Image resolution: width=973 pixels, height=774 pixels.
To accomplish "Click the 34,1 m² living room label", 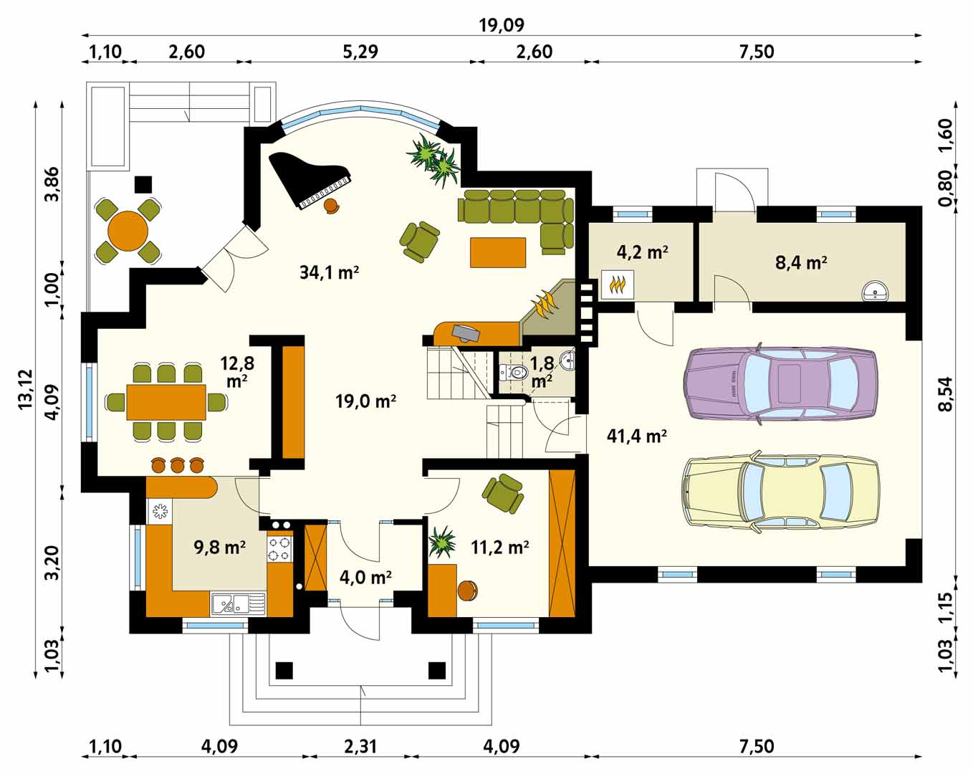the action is [329, 272].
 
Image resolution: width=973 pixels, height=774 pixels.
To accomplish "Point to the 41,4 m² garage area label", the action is [637, 436].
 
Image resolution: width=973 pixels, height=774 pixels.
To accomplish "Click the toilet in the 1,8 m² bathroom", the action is [514, 373].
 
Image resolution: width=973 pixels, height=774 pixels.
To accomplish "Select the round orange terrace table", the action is [128, 231].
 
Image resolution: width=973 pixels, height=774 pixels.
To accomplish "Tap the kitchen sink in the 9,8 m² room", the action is [239, 604].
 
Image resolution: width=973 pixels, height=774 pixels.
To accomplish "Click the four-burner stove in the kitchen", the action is [280, 549].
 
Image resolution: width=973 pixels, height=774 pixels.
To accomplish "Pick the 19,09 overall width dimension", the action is [502, 25].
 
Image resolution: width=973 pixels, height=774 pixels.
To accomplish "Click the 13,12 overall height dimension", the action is [26, 389].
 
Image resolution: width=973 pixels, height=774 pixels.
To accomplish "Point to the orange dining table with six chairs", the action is [166, 402].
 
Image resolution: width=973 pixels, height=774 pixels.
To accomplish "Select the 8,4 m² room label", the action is [801, 262].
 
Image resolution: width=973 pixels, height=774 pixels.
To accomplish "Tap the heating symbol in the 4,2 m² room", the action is [618, 285].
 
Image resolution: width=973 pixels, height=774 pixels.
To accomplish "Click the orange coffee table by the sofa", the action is [498, 252].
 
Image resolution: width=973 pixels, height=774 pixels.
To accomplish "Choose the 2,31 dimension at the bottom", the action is [360, 746].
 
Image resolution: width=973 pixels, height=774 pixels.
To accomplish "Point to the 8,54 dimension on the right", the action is [945, 394].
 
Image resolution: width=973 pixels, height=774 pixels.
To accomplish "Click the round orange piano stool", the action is [332, 206].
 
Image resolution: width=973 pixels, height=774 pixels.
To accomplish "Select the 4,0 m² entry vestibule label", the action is [365, 578].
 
